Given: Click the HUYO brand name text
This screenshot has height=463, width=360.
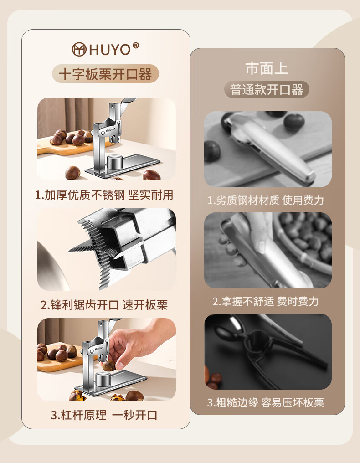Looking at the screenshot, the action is (x=109, y=50).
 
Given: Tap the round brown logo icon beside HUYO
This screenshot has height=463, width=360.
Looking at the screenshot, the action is (x=79, y=49).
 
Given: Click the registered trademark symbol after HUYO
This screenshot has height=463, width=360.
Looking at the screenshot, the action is (x=135, y=46).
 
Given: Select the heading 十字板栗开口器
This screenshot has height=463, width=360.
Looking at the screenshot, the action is (x=105, y=74).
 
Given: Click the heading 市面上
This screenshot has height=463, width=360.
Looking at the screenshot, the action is (x=267, y=68).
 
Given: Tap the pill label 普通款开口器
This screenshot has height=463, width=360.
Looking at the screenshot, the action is (x=267, y=89).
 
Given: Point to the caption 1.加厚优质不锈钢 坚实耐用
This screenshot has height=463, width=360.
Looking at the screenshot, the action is (x=104, y=195).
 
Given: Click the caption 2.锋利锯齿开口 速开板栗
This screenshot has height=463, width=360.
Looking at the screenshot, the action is (x=104, y=305).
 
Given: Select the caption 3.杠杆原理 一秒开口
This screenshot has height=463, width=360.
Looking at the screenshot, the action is (x=104, y=415).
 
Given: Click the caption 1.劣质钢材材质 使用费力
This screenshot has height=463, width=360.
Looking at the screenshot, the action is (x=266, y=201).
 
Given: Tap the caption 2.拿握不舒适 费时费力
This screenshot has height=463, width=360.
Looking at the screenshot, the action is (x=266, y=302).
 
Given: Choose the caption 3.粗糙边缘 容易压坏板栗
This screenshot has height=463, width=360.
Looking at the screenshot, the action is (x=266, y=402).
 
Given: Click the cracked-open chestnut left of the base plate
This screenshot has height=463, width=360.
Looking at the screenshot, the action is (x=77, y=395).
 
